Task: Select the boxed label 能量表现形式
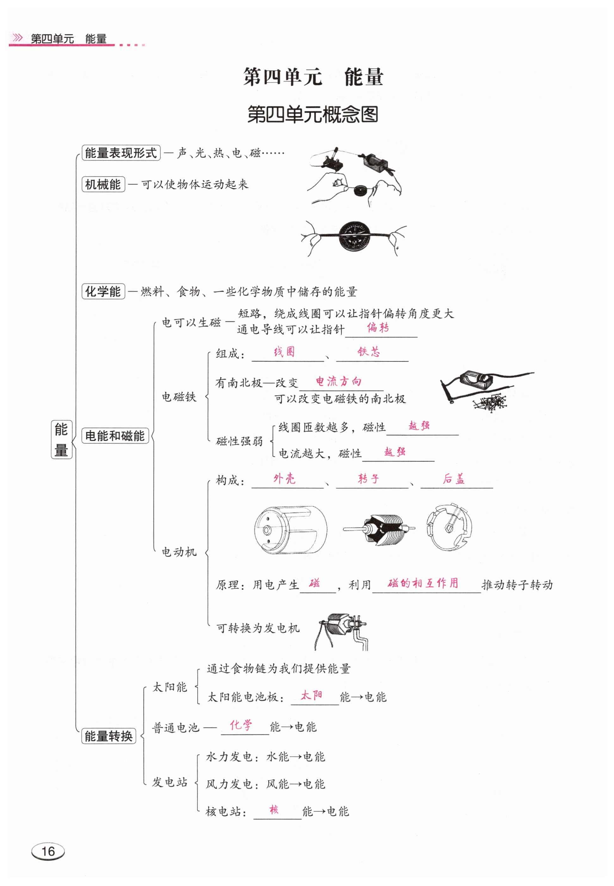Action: tap(121, 153)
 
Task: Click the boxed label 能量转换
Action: tap(109, 736)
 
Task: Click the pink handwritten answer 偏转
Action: tap(378, 328)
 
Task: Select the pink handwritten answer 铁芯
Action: tap(369, 352)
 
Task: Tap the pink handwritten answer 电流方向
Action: tap(338, 381)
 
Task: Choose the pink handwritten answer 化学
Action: tap(241, 725)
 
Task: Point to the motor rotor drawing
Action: tap(379, 529)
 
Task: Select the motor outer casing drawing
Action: tap(290, 530)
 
